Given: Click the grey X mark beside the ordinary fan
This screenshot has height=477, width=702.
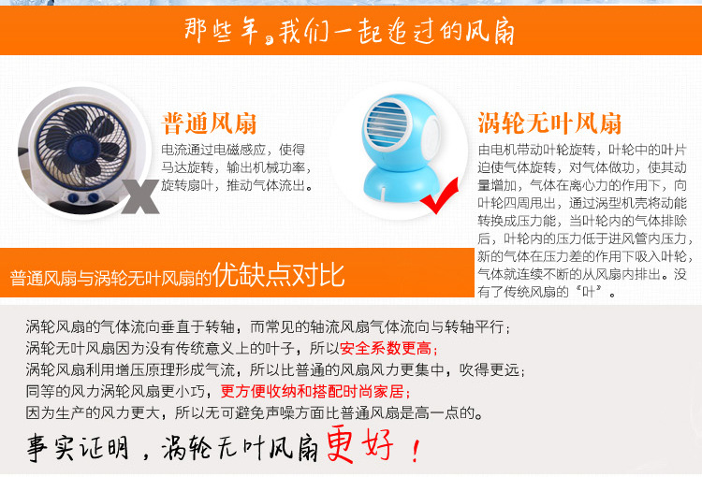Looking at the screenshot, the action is pos(140,196).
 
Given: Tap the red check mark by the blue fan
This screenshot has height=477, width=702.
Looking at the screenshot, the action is pos(440,197).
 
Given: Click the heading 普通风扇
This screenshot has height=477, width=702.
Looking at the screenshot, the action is pos(209,123).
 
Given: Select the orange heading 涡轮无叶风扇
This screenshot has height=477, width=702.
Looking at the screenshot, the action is pos(549,123).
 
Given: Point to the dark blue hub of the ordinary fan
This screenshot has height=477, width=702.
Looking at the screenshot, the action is pos(81,145).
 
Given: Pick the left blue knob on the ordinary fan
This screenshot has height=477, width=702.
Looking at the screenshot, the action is pos(73,197).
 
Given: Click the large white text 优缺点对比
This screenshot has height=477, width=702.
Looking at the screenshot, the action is pos(279,274).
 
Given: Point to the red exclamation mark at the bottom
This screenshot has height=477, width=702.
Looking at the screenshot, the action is pos(416,450).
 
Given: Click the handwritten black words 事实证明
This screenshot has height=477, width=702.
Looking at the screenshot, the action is pos(78,447).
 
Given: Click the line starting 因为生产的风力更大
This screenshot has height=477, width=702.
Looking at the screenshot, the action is pos(255,412).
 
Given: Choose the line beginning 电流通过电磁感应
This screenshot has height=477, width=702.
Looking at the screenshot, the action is pos(233,150).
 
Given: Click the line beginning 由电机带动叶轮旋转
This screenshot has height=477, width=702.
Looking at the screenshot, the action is pos(582,150).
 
